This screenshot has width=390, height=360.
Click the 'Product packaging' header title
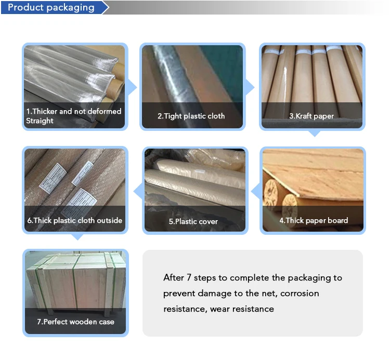point(51,7)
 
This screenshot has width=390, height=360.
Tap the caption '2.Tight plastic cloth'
point(191,116)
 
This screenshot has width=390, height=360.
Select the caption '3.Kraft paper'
point(311,116)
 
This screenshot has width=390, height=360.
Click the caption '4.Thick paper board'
point(314,220)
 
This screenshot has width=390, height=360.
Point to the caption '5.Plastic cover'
point(193,221)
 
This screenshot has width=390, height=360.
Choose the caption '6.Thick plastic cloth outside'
point(74,220)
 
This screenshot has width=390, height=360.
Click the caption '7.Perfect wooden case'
point(75,322)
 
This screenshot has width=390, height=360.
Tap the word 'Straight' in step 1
point(40,121)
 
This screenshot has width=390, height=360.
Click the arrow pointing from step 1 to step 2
point(132,87)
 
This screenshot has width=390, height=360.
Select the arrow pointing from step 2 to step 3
point(250,87)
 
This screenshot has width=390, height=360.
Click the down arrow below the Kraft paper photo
point(315,134)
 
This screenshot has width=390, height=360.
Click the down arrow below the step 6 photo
point(77,237)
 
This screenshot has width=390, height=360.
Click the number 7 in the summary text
point(189,277)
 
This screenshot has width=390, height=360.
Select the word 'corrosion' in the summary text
point(300,294)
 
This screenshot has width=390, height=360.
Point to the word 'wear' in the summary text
point(219,309)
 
